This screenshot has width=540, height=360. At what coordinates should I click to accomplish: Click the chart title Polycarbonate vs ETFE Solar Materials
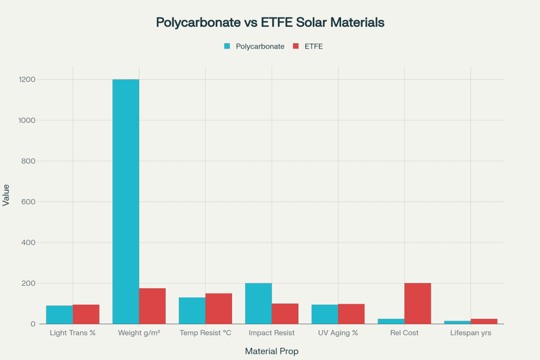[x=270, y=23]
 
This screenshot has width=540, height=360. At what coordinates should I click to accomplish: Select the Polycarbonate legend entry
[x=254, y=46]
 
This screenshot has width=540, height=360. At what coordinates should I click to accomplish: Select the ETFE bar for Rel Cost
[x=418, y=304]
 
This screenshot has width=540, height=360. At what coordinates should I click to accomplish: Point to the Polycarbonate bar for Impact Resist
[x=258, y=304]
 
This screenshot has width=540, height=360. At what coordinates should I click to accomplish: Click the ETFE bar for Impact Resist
[x=285, y=314]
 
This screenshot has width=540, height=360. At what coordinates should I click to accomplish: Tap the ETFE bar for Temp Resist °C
[x=219, y=308]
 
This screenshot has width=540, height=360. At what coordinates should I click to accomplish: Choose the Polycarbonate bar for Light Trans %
[x=60, y=315]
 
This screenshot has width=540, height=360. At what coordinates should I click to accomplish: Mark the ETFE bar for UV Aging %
[x=351, y=314]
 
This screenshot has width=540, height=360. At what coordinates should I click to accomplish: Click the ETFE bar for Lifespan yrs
[x=484, y=322]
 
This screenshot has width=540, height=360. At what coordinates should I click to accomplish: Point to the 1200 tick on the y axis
[x=26, y=80]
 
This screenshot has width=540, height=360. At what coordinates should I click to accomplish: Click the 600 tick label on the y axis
[x=28, y=202]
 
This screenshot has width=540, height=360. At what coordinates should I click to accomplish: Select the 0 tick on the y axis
[x=32, y=324]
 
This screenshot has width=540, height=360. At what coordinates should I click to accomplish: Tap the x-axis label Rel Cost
[x=404, y=333]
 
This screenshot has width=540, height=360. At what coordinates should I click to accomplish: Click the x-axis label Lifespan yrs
[x=471, y=333]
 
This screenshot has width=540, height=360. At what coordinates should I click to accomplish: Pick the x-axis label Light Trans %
[x=73, y=333]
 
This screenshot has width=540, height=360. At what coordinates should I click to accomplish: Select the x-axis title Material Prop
[x=272, y=351]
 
